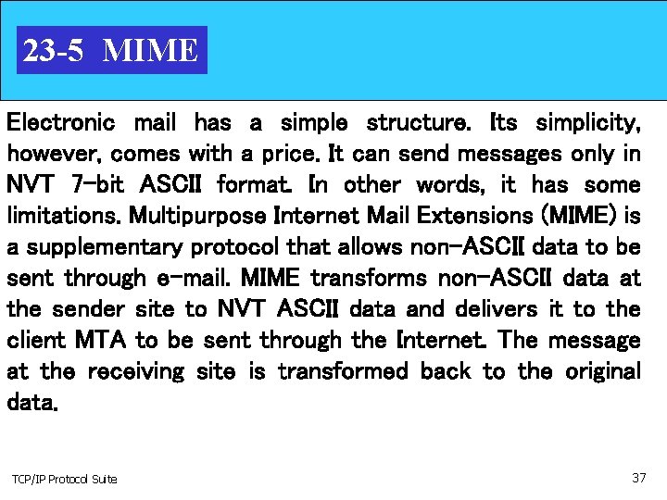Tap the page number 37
click(x=638, y=478)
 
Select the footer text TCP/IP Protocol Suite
click(x=64, y=479)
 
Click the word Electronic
click(x=60, y=122)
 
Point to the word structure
click(x=417, y=122)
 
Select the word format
click(x=256, y=184)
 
